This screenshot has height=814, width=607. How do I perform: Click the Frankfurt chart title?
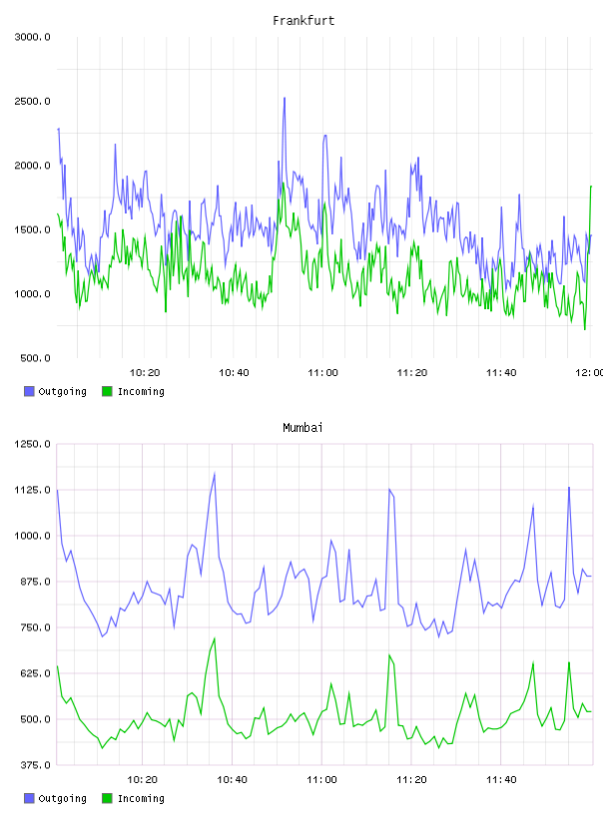pos(303,20)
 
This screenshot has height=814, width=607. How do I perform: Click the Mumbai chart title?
pos(303,427)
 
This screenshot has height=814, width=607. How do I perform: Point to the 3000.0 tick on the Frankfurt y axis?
pos(32,37)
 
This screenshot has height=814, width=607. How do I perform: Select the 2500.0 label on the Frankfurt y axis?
pos(32,101)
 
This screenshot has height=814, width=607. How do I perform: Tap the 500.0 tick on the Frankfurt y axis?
pos(35,358)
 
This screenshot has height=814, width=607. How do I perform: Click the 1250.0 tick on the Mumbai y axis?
pos(32,444)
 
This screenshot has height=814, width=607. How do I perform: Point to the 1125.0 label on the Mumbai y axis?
pos(32,490)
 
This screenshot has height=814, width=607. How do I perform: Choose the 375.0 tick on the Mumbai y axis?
pos(35,765)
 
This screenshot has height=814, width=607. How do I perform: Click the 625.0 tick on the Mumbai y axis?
pos(35,673)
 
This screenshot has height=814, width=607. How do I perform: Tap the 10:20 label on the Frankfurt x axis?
pos(145,372)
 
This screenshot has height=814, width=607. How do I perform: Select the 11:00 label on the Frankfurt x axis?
pos(322,372)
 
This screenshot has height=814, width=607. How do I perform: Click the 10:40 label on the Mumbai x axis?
pos(232,779)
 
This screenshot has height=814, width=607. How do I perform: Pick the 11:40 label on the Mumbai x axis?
pos(501,779)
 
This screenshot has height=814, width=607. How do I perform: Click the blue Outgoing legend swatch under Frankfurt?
pos(29,391)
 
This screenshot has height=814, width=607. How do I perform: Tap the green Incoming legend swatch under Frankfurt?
pos(107,391)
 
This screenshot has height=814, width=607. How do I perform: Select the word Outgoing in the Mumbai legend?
pos(62,798)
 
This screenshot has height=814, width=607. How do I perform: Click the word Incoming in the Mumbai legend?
pos(141,798)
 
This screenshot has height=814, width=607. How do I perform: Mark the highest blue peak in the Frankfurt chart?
pos(285,98)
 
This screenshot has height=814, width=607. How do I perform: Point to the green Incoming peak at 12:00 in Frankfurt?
pos(591,187)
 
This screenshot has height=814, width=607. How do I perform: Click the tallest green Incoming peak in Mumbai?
pos(214,638)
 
